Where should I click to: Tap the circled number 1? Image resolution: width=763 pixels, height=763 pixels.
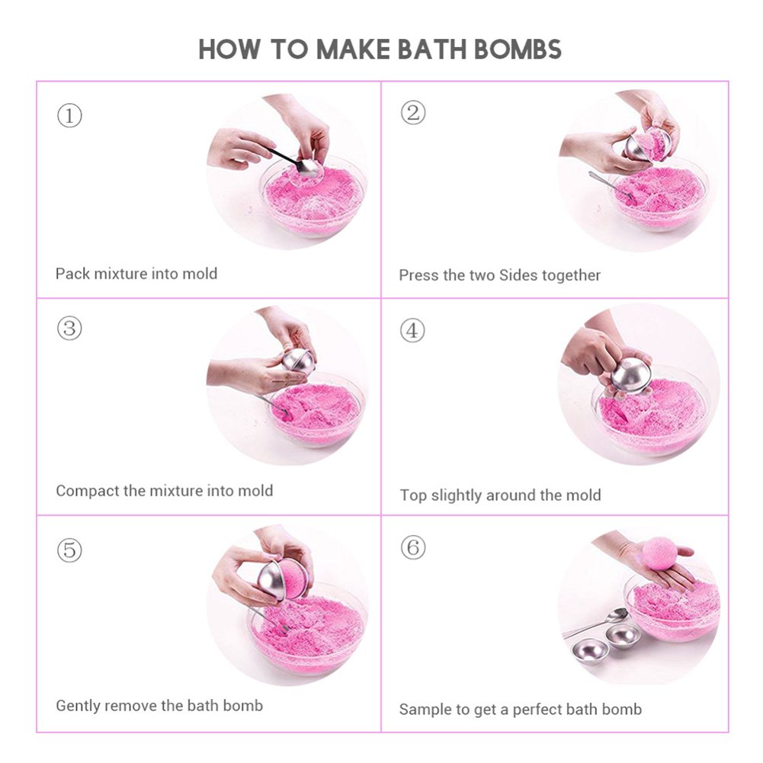69,117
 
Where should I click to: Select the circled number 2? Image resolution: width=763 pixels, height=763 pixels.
412,113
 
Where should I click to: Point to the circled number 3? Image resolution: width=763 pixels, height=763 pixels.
69,329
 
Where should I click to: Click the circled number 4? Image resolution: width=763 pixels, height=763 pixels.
412,331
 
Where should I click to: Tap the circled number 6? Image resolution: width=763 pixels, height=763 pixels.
412,547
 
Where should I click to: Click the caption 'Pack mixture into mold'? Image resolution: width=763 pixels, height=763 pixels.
136,274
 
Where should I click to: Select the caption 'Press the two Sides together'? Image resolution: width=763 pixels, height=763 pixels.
499,275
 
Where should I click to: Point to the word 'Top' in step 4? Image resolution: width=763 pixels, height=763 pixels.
413,495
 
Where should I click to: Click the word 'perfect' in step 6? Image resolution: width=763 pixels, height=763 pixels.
541,710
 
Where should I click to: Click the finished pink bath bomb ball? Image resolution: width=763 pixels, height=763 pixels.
660,553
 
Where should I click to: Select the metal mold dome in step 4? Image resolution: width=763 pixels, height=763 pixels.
632,374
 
